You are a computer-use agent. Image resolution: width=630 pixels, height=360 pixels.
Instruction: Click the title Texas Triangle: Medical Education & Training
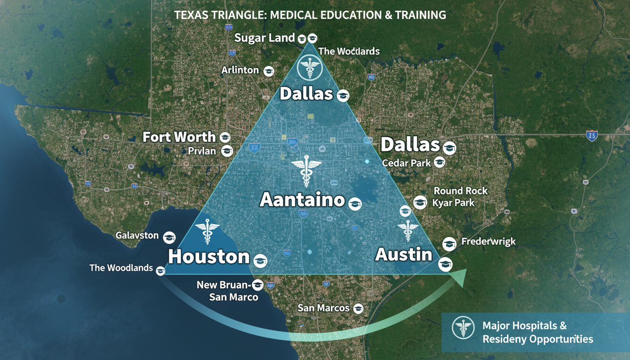coord(310,15)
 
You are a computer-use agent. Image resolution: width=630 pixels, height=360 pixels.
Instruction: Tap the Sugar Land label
coord(264,37)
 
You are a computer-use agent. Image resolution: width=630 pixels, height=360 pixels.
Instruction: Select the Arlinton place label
coord(240,70)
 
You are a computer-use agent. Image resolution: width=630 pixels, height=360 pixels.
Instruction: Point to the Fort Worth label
coord(179,137)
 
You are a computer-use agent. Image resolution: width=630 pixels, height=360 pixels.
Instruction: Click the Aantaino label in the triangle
coord(302,200)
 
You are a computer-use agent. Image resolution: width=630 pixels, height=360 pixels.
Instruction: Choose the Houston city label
coord(209,256)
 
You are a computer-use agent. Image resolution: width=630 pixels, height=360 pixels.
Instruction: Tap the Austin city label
coord(404,254)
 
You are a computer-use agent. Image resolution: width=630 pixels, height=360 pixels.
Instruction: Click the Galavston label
coord(137,235)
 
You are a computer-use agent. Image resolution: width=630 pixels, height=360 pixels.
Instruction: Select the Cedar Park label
coord(406,163)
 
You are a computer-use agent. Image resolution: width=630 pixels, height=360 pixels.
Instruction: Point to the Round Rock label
coord(461,191)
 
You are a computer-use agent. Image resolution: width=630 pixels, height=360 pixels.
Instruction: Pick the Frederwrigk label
coord(488,242)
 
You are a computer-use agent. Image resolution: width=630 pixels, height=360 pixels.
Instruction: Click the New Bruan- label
coord(224,285)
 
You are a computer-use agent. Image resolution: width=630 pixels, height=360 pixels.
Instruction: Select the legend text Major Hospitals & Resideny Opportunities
coord(537,332)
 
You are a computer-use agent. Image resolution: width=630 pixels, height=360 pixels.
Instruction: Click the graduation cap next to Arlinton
coord(269,71)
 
